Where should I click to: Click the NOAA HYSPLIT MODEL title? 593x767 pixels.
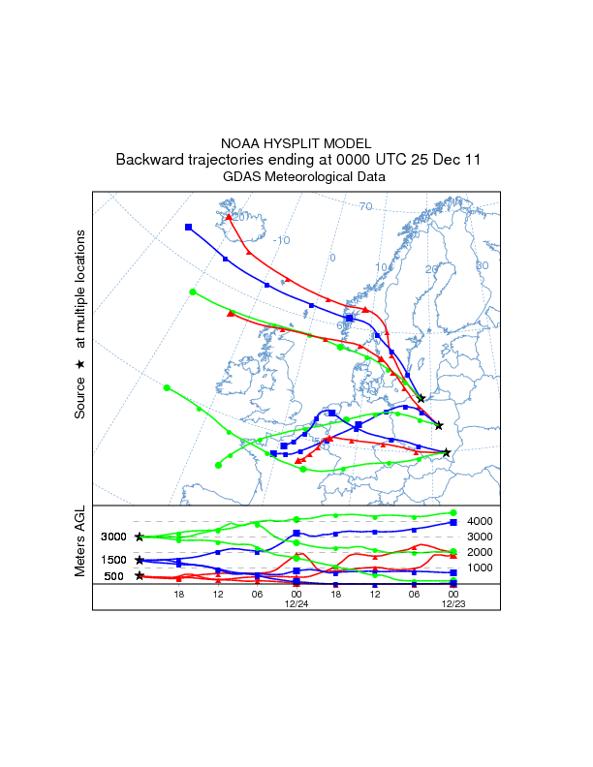(x=296, y=142)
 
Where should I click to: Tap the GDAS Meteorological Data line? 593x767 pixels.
(x=296, y=177)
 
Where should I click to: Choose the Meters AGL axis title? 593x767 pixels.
(x=80, y=545)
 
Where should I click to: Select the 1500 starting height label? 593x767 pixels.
(x=114, y=561)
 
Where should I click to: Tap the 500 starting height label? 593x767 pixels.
(x=114, y=576)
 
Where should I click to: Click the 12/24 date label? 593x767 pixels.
(x=296, y=602)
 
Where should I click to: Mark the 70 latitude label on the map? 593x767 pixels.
(x=365, y=206)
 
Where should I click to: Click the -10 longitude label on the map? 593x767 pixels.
(x=281, y=240)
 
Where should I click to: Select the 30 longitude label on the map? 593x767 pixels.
(x=482, y=265)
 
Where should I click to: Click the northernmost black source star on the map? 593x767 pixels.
(x=421, y=398)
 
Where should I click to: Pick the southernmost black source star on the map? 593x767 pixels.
(x=446, y=452)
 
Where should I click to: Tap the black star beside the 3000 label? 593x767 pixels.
(x=140, y=537)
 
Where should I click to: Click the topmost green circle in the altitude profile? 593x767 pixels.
(x=453, y=513)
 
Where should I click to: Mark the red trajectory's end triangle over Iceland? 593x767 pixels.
(x=229, y=217)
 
